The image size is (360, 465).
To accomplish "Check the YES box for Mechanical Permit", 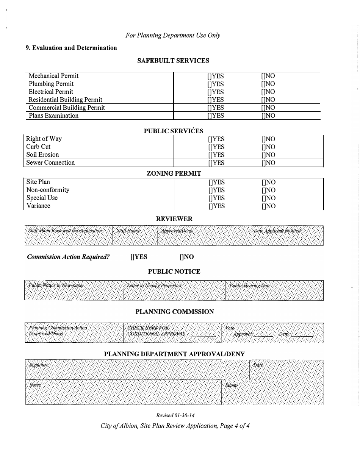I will tap(209, 76).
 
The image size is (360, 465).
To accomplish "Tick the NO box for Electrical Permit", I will tap(263, 92).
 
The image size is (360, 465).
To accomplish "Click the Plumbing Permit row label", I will tap(51, 84).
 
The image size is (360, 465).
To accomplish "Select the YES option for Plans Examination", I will tap(209, 116).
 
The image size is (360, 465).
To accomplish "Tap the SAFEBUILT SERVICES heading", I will tap(173, 61).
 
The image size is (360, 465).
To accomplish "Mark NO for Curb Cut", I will tap(263, 147).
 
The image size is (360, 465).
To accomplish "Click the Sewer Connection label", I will tap(50, 163).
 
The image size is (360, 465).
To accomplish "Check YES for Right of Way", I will tap(210, 139).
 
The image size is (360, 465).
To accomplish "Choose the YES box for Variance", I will tap(210, 206).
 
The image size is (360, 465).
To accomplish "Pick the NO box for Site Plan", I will tap(263, 182).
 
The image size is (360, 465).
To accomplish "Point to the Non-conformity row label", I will tap(48, 190).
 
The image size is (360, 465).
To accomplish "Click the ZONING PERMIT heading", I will tap(174, 173).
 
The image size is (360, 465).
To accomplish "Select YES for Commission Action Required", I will tap(132, 257).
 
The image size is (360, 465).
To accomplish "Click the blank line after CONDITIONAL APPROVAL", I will tap(203, 334).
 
